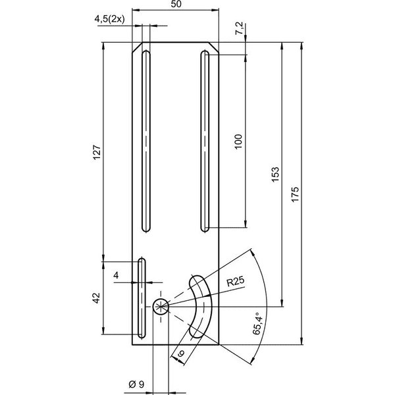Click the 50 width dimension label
[x=176, y=5]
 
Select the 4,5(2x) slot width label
[x=109, y=19]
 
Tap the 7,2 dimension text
[x=239, y=28]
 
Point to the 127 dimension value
[x=97, y=152]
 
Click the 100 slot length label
[x=238, y=142]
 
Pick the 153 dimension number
[x=275, y=174]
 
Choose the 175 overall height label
[x=295, y=194]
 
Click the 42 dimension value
[x=96, y=298]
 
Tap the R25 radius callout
[x=236, y=281]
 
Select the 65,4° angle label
[x=259, y=323]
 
